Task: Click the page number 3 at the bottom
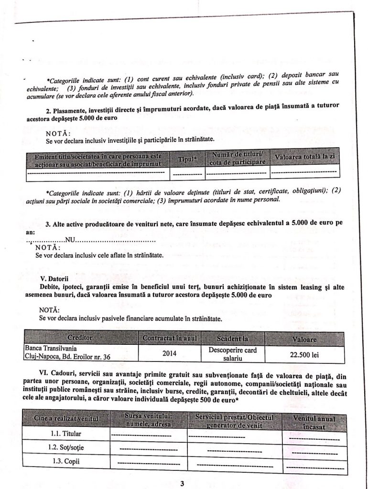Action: point(182,483)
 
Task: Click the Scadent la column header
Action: point(233,339)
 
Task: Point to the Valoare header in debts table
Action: point(304,339)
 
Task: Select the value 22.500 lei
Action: point(304,355)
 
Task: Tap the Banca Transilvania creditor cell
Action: point(69,352)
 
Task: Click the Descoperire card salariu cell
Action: point(233,353)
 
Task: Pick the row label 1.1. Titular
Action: point(66,434)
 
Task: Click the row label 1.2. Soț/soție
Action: point(66,448)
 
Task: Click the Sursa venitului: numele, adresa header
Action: point(148,419)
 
